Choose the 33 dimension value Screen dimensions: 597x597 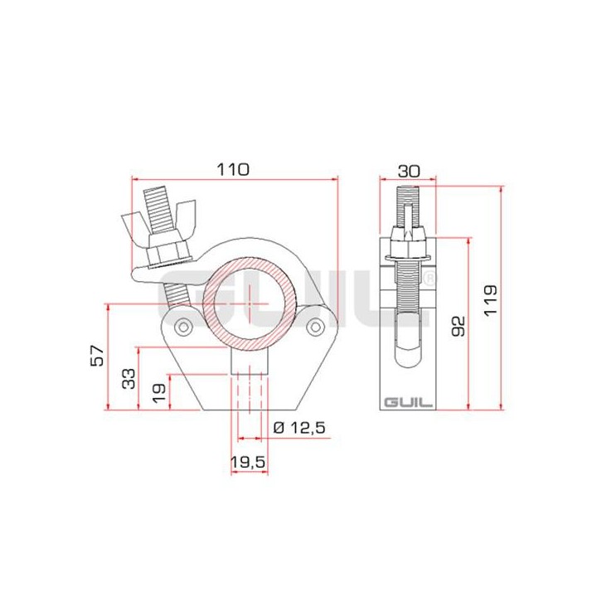pos(129,380)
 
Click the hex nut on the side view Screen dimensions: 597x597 pos(407,240)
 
